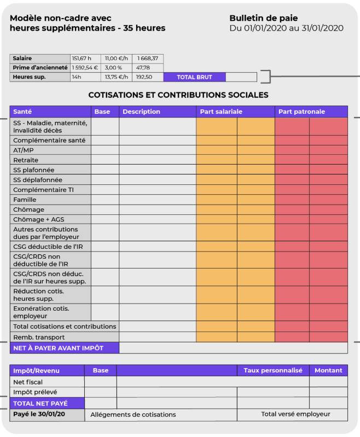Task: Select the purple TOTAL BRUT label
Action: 194,78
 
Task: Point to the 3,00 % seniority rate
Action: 113,68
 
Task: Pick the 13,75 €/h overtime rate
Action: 116,78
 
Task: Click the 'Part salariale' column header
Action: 221,112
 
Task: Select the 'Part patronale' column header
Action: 301,112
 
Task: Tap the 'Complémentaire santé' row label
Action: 49,141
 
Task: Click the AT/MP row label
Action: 23,150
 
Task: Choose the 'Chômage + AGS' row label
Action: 38,219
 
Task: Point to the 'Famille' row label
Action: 25,200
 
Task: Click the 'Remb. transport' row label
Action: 39,337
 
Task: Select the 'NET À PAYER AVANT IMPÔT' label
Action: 58,348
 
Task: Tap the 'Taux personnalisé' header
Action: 273,371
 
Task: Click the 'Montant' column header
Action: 328,371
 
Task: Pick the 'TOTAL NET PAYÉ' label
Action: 40,404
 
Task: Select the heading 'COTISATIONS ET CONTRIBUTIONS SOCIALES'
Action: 178,95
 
